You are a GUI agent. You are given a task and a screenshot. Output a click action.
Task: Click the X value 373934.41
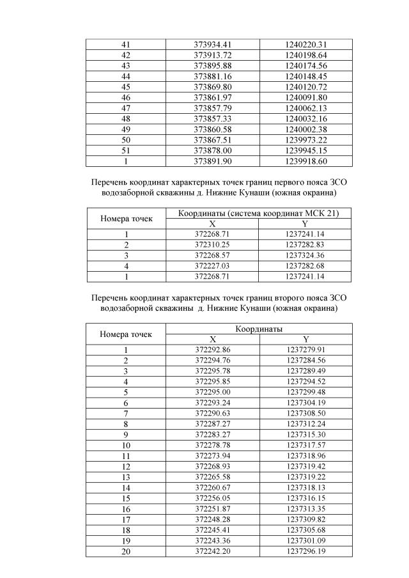pyautogui.click(x=213, y=44)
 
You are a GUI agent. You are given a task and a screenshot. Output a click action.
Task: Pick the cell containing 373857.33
pyautogui.click(x=213, y=118)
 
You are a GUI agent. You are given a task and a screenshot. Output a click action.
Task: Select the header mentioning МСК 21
pyautogui.click(x=259, y=214)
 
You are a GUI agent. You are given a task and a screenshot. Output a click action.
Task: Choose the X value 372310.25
pyautogui.click(x=213, y=244)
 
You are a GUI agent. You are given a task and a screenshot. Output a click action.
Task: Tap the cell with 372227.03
pyautogui.click(x=213, y=265)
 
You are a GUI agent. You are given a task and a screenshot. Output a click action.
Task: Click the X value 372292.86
pyautogui.click(x=213, y=350)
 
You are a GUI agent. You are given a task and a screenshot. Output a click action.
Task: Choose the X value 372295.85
pyautogui.click(x=213, y=382)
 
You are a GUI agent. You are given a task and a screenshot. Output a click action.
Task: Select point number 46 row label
pyautogui.click(x=126, y=97)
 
